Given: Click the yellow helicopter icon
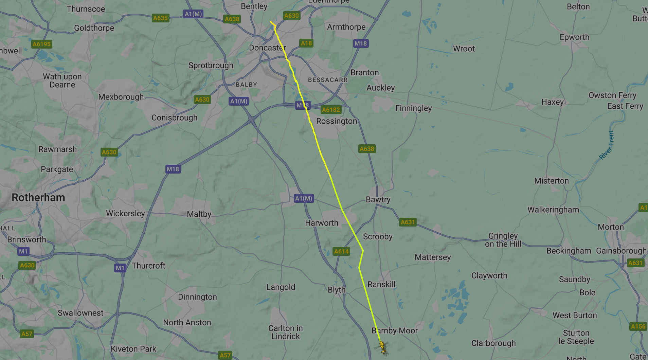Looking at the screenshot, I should point(383,347).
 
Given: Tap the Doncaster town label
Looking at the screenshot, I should point(267,48).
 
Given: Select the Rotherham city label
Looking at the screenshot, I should point(38,198).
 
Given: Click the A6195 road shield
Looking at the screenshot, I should point(41,44).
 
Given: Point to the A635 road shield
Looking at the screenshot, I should point(160,18).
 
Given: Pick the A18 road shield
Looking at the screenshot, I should point(306,43).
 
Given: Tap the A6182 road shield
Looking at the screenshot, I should point(331,110).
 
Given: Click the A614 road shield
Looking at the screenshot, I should point(341,251).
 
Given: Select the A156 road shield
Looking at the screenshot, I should point(638,326).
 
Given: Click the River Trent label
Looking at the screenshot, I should point(607,145).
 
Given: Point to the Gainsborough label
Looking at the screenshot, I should point(621,251).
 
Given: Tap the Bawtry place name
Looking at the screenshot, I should point(378,200).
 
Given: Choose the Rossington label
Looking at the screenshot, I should point(337,121).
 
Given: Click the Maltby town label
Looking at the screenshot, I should point(199,214).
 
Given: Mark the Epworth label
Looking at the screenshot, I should point(574,37).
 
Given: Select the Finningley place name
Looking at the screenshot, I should point(413,108).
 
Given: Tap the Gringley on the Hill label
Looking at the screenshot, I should point(503,240).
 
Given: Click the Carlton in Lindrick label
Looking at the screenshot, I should point(285,332).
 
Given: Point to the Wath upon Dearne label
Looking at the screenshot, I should point(62,80).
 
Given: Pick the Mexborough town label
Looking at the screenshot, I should point(121,97).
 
